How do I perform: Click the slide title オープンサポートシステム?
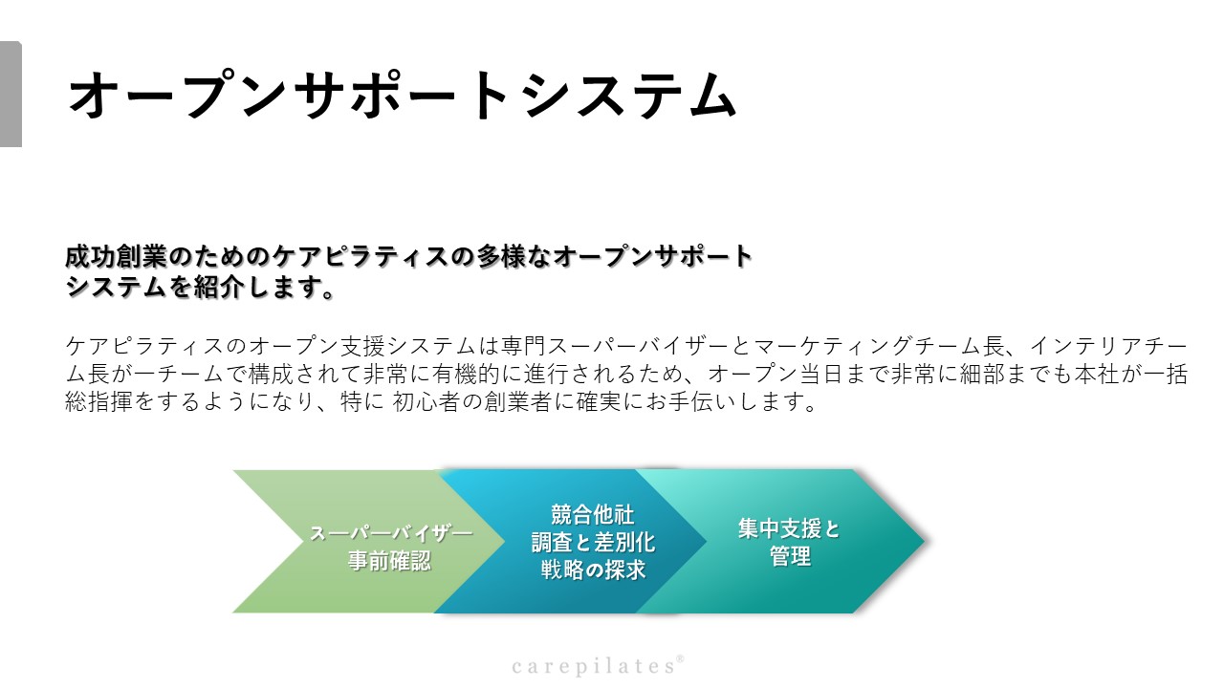[x=403, y=95]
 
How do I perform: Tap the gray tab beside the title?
[x=11, y=94]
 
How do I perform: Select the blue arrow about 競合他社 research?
[x=579, y=541]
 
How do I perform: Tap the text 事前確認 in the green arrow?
[x=389, y=561]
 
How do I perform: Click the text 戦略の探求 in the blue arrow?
[x=594, y=570]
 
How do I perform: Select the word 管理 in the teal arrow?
[x=790, y=556]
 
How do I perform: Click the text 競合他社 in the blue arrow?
[x=592, y=515]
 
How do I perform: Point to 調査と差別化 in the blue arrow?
[x=594, y=542]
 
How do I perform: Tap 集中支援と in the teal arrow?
[x=789, y=528]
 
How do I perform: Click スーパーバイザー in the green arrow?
[x=391, y=533]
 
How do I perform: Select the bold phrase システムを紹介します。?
[x=200, y=287]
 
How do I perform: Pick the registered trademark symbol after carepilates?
[x=680, y=658]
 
